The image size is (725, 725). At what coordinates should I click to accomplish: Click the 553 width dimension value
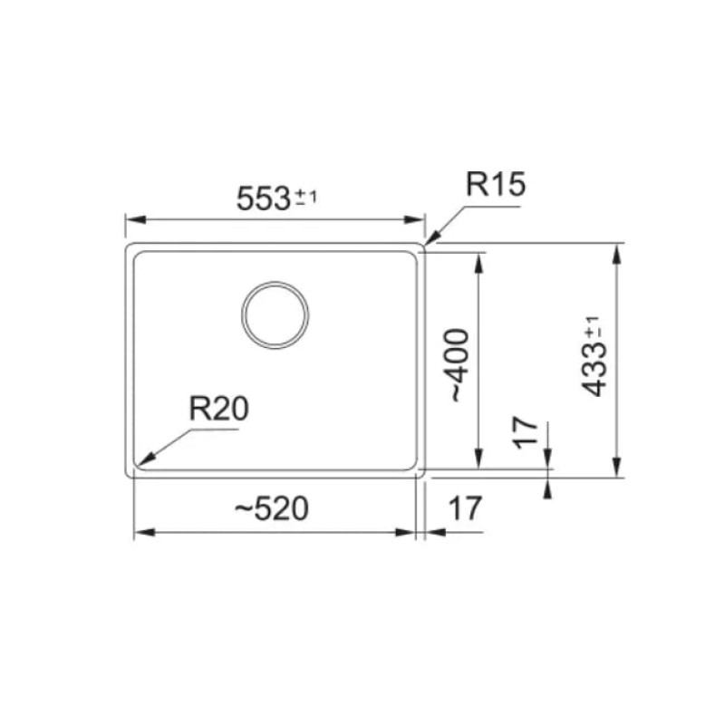263,198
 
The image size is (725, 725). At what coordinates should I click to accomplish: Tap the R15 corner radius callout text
496,184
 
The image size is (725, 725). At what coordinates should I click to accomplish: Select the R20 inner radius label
218,409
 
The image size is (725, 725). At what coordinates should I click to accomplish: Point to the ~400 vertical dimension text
459,365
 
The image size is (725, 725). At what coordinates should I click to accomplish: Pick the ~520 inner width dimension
272,508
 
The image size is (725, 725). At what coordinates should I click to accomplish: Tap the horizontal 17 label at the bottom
465,508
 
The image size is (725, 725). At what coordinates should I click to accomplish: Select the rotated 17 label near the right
526,433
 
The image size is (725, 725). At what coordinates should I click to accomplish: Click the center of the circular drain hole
275,314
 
